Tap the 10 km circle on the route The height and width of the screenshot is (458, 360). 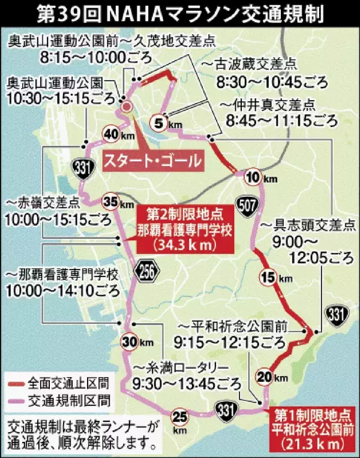[x=253, y=176]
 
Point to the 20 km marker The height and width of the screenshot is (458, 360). [x=263, y=376]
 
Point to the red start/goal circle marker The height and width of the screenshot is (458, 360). [x=127, y=106]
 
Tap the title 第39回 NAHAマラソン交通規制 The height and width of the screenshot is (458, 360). [x=180, y=13]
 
